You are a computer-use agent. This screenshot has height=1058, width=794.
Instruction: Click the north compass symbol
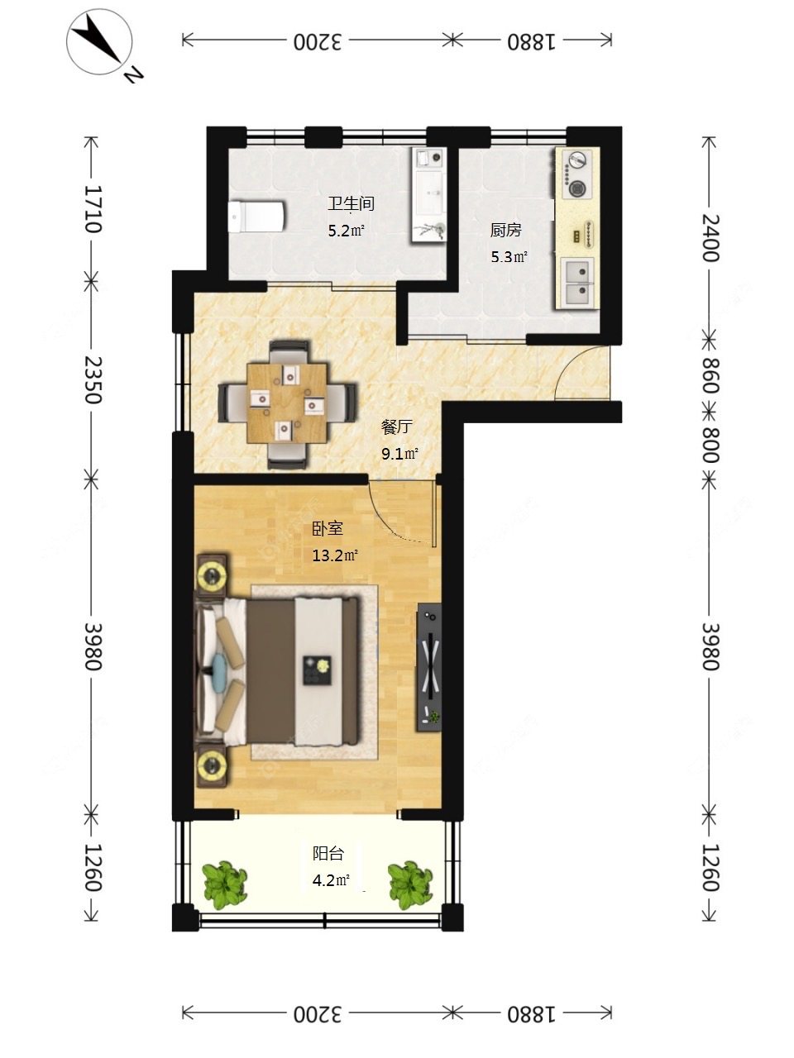coord(101,43)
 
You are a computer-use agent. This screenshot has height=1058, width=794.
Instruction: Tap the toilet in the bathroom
coord(256,216)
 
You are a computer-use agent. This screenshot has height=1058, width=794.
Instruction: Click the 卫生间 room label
coord(351,203)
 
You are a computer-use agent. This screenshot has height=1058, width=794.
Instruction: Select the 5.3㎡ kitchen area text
coord(509,256)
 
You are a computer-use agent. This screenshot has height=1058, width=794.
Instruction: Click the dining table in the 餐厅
coord(287,403)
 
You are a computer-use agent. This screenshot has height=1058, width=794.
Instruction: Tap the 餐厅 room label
coord(397,427)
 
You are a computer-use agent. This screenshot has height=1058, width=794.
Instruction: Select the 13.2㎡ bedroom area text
coord(335,555)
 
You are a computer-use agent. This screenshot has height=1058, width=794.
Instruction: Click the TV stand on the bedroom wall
coord(429,668)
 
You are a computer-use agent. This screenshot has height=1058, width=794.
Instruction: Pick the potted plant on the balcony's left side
coord(225,884)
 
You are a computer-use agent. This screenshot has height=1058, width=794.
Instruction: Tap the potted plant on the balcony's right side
coord(410,884)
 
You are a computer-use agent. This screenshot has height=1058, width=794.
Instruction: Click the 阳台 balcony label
coord(328,854)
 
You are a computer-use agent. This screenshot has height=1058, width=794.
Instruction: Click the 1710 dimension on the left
coord(92,209)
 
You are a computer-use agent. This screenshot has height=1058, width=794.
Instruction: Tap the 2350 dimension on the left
coord(92,380)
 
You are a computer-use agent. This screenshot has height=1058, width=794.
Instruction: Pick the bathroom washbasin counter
coord(428,195)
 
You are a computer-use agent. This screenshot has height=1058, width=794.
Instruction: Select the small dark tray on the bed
coord(317,670)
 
